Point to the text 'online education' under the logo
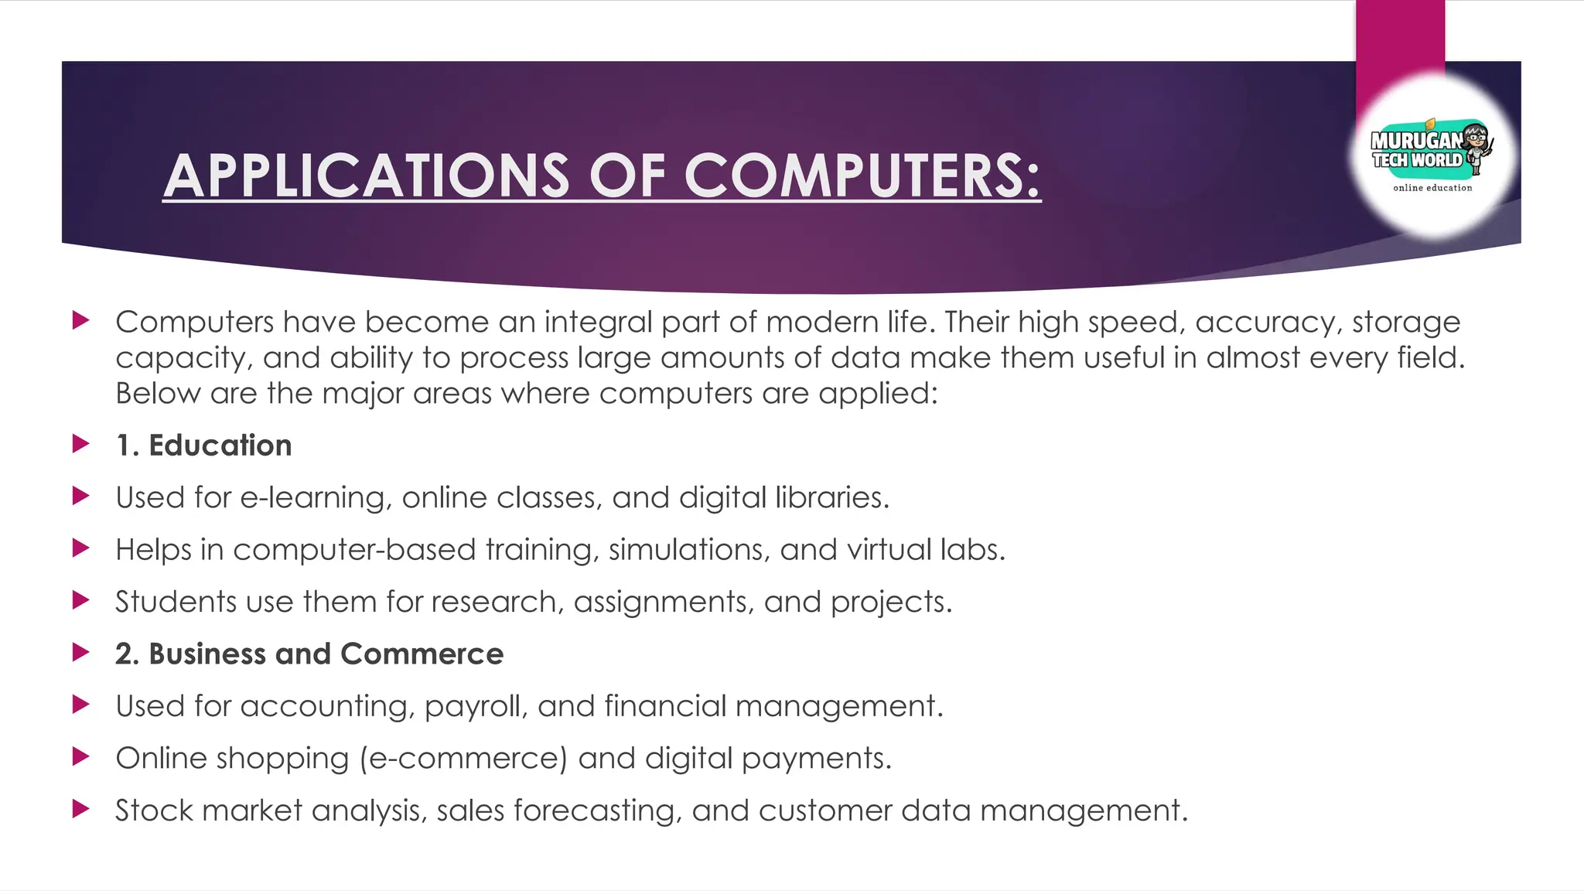pyautogui.click(x=1432, y=188)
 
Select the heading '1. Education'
pyautogui.click(x=204, y=445)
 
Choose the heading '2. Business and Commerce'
pyautogui.click(x=309, y=654)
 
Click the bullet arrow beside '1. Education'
pyautogui.click(x=80, y=444)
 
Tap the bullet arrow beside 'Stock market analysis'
pyautogui.click(x=80, y=809)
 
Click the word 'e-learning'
pyautogui.click(x=312, y=498)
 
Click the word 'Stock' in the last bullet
pyautogui.click(x=153, y=811)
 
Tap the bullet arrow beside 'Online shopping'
pyautogui.click(x=80, y=756)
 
